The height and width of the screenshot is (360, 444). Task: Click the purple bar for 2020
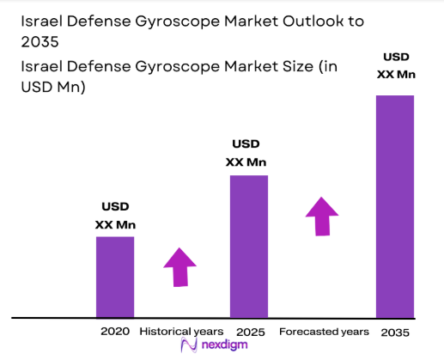point(114,276)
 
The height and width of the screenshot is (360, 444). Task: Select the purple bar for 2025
point(249,246)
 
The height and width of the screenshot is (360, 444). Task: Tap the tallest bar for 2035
point(395,205)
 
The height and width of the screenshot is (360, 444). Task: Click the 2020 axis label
point(114,331)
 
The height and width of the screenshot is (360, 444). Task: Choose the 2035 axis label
point(395,331)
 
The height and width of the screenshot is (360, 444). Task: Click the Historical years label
point(181,331)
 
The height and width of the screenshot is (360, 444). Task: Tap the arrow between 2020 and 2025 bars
point(180,266)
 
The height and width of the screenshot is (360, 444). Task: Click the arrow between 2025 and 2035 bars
point(323,216)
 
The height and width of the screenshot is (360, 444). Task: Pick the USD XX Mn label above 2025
point(248,153)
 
